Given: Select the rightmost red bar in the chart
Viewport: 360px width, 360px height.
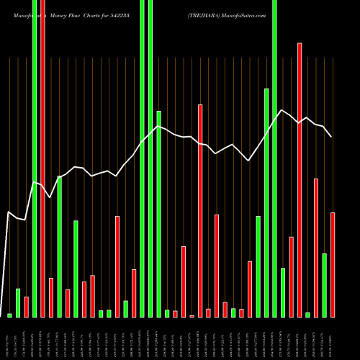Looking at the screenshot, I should click(333, 264).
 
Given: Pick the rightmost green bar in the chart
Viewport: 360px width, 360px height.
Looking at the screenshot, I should click(325, 285).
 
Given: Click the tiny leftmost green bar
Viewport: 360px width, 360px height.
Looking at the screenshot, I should click(10, 315).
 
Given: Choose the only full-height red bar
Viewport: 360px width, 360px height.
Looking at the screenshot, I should click(42, 158).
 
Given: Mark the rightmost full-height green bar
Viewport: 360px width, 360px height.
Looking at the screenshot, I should click(274, 158).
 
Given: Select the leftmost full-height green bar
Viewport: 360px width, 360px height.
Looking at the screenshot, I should click(35, 158).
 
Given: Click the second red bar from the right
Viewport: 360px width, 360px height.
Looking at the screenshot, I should click(316, 248).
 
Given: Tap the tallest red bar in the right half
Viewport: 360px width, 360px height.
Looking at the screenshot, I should click(300, 180).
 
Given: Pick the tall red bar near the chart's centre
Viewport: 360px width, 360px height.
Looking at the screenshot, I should click(200, 210).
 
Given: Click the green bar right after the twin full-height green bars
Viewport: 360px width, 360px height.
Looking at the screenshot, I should click(159, 214).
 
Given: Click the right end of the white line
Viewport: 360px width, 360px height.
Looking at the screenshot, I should click(331, 136).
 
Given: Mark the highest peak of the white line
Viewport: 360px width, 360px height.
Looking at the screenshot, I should click(282, 110).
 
